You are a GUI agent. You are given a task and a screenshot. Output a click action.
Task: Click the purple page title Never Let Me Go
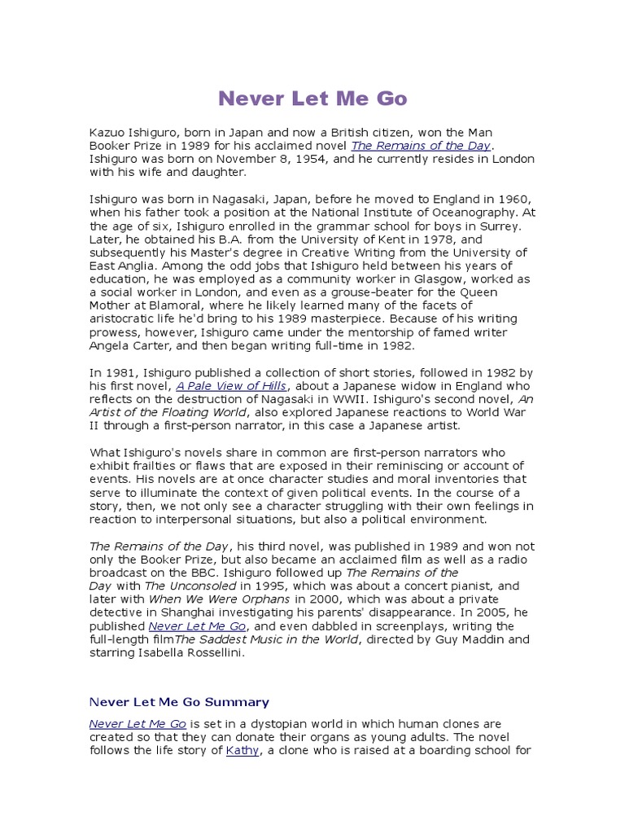point(312,99)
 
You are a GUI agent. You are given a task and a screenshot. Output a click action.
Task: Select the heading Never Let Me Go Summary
point(179,701)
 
